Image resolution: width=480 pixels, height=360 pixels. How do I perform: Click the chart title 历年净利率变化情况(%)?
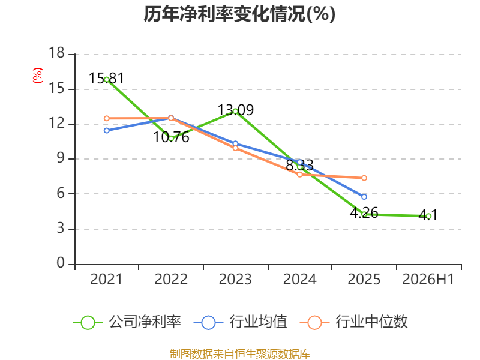click(x=239, y=14)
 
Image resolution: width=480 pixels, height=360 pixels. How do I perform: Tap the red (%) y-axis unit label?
click(x=38, y=76)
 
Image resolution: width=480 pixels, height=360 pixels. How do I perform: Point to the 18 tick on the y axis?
click(x=56, y=53)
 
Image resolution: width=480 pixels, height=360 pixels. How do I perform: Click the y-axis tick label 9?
click(x=61, y=158)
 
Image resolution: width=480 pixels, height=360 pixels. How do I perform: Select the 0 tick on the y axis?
click(x=61, y=263)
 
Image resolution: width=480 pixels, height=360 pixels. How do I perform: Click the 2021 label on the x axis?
click(x=106, y=279)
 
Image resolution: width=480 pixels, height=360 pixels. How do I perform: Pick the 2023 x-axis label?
click(x=235, y=279)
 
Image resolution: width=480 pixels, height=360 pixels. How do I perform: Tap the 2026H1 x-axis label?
click(x=428, y=279)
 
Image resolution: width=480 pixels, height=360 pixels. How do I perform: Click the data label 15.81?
click(x=107, y=79)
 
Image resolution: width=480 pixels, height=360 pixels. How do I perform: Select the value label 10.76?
click(x=171, y=137)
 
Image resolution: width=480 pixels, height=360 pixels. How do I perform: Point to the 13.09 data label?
click(x=235, y=110)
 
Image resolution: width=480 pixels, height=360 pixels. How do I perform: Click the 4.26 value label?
click(x=364, y=212)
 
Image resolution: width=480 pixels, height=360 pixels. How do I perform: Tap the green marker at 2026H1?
click(x=428, y=216)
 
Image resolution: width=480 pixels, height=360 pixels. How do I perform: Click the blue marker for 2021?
click(x=107, y=131)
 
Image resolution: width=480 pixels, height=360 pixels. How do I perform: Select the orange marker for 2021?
click(x=107, y=118)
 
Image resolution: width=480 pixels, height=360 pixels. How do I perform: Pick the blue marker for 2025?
click(x=364, y=197)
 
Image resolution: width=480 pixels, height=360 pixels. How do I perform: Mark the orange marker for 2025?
click(x=364, y=178)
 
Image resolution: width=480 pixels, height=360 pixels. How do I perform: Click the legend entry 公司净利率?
click(x=127, y=322)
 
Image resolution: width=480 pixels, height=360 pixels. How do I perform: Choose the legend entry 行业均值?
click(x=241, y=322)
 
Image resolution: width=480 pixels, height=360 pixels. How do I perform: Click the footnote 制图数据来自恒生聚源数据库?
click(x=240, y=354)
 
